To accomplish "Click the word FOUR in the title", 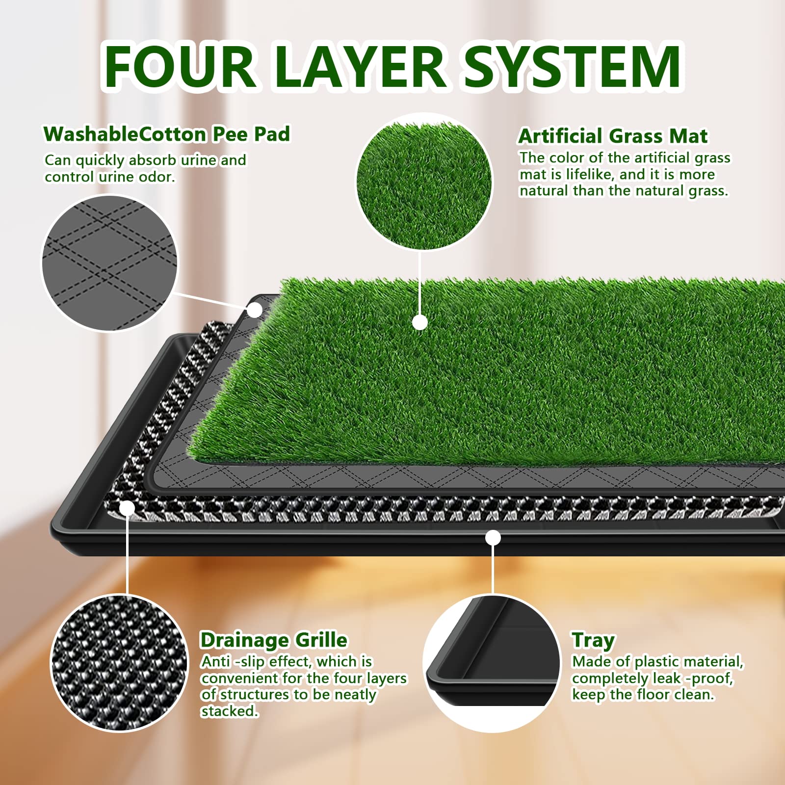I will pyautogui.click(x=179, y=66).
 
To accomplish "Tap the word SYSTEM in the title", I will pyautogui.click(x=572, y=66).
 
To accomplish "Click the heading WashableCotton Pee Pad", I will pyautogui.click(x=167, y=134).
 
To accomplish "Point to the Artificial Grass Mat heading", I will pyautogui.click(x=613, y=136).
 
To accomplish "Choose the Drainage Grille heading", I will pyautogui.click(x=273, y=640).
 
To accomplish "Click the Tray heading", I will pyautogui.click(x=593, y=640).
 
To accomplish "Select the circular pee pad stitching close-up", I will pyautogui.click(x=109, y=263).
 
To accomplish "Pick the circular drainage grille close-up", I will pyautogui.click(x=119, y=663).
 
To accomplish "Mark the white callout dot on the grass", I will pyautogui.click(x=419, y=322).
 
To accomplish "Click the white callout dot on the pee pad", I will pyautogui.click(x=255, y=310).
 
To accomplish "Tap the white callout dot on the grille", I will pyautogui.click(x=127, y=508).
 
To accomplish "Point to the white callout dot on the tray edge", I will pyautogui.click(x=493, y=538).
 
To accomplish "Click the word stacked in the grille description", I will pyautogui.click(x=229, y=711).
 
